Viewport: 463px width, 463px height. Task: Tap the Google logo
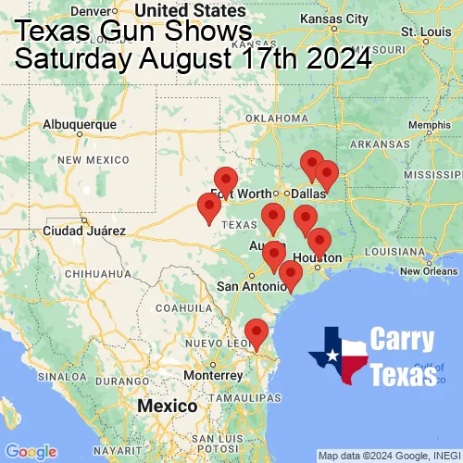[30, 451]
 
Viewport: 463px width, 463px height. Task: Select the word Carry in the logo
[401, 340]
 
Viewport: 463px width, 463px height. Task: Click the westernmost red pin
[210, 208]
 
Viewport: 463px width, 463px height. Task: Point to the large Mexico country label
[167, 407]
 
